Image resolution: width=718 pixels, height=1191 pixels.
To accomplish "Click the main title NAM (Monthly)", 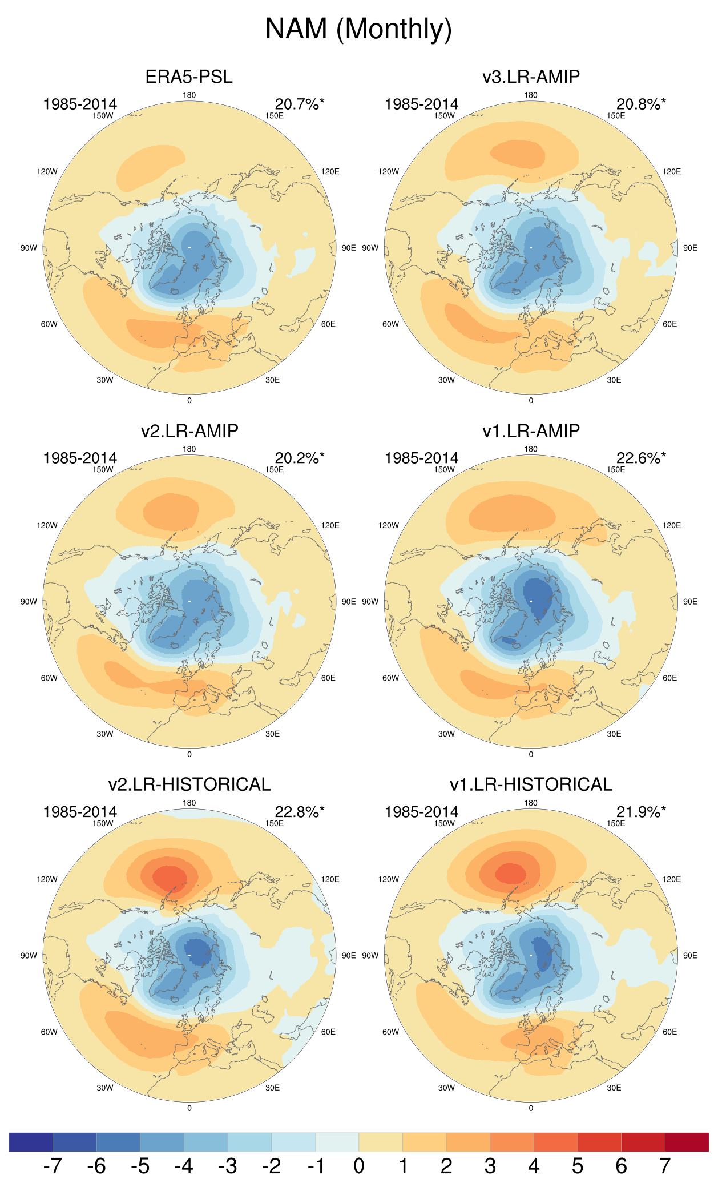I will pos(358,29).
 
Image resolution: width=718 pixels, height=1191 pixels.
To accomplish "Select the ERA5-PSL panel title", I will pos(189,77).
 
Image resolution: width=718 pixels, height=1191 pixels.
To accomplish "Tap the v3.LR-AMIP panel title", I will pos(531,77).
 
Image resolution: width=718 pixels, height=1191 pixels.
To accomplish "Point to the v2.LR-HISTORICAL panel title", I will pos(189,784).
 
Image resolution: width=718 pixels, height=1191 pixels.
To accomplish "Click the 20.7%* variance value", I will pos(299,104).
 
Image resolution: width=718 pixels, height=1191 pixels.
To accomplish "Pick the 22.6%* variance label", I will pos(640,458).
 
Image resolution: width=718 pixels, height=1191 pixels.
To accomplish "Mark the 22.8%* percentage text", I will pos(299,812).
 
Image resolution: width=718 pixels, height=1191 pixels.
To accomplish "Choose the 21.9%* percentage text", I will pos(640,812).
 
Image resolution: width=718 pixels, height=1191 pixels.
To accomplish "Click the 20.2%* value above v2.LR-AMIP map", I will pos(299,458).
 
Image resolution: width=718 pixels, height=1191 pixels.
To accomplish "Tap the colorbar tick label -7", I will pos(52,1166).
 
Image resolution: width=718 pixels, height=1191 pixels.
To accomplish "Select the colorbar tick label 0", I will pos(358,1166).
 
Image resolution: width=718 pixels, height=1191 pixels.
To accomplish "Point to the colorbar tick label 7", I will pos(665,1166).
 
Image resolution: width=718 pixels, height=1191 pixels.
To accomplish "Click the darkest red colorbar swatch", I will pos(687,1142).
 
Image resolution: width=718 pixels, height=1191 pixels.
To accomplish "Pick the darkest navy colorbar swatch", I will pos(31,1142).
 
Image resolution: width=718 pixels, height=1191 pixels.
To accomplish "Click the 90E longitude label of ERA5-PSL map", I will pos(349,248).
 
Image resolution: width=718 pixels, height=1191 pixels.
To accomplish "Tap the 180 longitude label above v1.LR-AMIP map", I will pos(531,449).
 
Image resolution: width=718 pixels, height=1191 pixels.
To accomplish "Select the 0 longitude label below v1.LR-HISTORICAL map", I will pos(531,1108).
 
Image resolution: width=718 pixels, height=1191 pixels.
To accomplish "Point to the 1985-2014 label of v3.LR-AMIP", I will pos(421,104).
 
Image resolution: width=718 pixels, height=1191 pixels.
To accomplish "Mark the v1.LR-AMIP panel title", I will pos(531,430).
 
